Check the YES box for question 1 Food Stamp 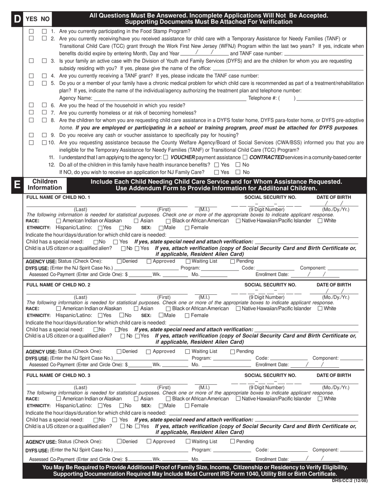point(31,31)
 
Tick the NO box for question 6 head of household point(44,105)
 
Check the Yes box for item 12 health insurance point(216,165)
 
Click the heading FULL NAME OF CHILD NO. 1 point(58,197)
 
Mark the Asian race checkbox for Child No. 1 point(136,221)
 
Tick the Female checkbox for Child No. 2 point(187,316)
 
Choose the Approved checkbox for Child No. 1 point(149,261)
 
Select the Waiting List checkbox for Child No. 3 point(188,441)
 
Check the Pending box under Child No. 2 point(233,351)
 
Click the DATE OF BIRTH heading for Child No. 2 point(334,285)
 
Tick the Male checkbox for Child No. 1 point(161,228)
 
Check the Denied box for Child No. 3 point(119,441)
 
